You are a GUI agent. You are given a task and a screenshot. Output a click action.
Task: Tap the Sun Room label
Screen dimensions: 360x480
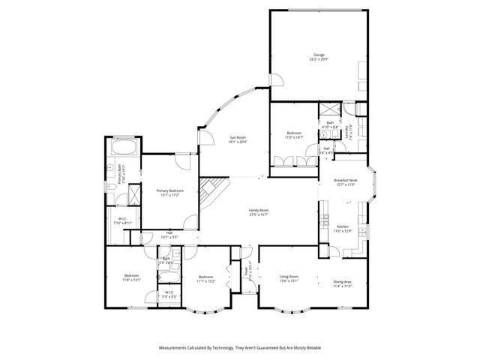pos(238,139)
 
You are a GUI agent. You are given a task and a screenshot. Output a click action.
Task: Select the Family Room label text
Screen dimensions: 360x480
pos(259,213)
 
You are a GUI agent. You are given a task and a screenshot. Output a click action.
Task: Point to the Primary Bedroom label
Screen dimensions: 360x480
pos(170,193)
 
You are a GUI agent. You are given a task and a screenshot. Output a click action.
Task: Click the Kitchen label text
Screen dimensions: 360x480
pos(343,229)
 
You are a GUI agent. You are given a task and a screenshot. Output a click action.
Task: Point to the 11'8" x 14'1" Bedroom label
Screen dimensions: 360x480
pos(131,278)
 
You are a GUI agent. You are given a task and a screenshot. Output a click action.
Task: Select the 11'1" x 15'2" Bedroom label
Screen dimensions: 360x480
pos(206,280)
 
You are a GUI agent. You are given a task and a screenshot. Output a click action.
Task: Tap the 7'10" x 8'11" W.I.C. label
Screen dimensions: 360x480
pos(121,221)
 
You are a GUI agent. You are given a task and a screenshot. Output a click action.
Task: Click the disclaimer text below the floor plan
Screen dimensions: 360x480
pos(240,347)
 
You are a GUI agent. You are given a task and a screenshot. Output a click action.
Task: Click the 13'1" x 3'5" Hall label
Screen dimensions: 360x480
pos(169,235)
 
